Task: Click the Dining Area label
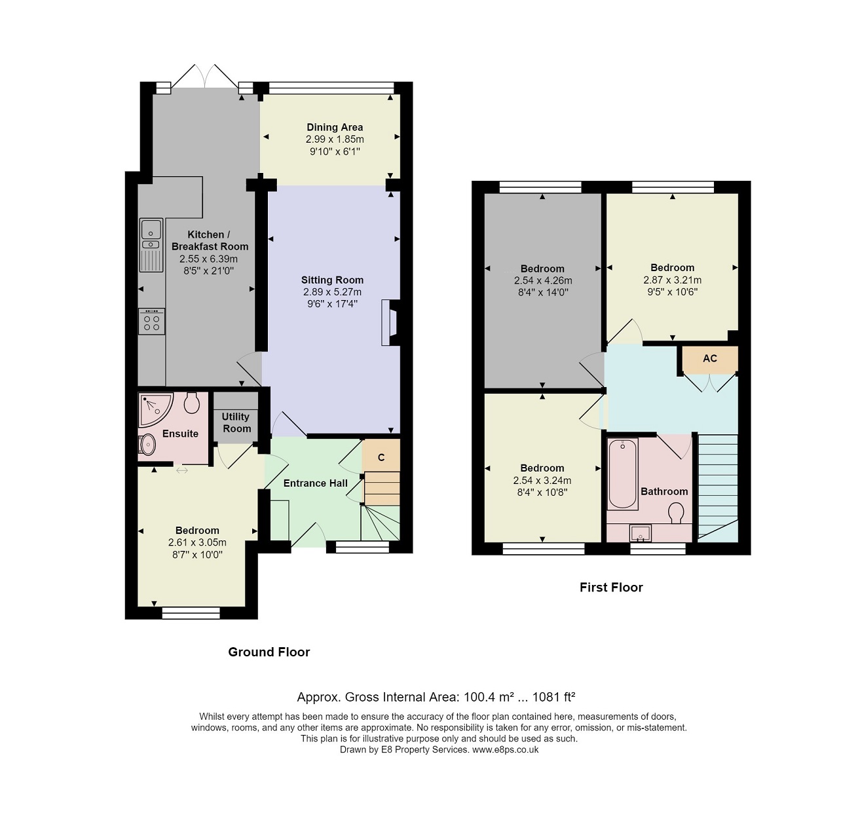coord(335,128)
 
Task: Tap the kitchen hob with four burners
coord(151,321)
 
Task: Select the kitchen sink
coord(151,245)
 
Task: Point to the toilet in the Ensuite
coord(192,402)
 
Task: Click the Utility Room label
coord(236,422)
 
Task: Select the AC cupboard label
coord(709,358)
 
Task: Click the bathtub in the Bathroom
coord(623,474)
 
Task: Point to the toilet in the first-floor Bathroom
coord(676,514)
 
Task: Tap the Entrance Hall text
coord(315,483)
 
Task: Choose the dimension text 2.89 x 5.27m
coord(332,292)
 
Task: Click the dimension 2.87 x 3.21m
coord(672,280)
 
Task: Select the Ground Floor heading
coord(269,652)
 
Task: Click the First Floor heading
coord(611,587)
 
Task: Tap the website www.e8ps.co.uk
coord(505,749)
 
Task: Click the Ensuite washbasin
coord(147,444)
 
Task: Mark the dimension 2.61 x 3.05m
coord(197,542)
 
